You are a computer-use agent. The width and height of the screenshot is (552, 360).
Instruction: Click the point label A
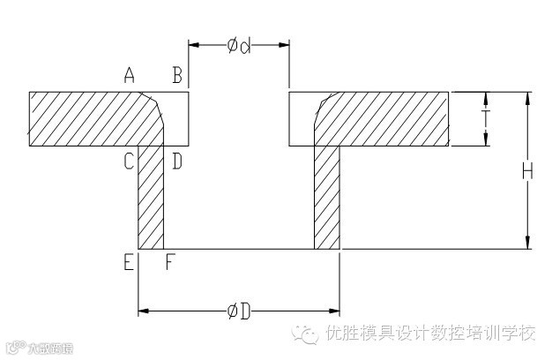[x=130, y=77]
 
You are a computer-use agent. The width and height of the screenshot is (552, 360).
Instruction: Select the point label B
[x=177, y=77]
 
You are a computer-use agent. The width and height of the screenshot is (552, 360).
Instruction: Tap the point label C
[x=129, y=161]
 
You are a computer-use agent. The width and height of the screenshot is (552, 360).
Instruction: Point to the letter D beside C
[x=176, y=161]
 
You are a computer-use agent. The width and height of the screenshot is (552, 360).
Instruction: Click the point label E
[x=129, y=262]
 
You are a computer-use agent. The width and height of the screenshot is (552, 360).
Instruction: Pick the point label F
[x=170, y=262]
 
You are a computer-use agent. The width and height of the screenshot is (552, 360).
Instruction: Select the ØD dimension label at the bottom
[x=239, y=311]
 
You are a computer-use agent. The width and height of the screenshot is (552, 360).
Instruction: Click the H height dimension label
[x=527, y=172]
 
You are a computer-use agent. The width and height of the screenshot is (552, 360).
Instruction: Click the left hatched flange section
[x=97, y=118]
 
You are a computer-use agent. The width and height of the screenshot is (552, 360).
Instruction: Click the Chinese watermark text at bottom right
[x=430, y=334]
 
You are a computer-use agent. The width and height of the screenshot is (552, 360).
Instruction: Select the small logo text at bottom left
[x=39, y=348]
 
